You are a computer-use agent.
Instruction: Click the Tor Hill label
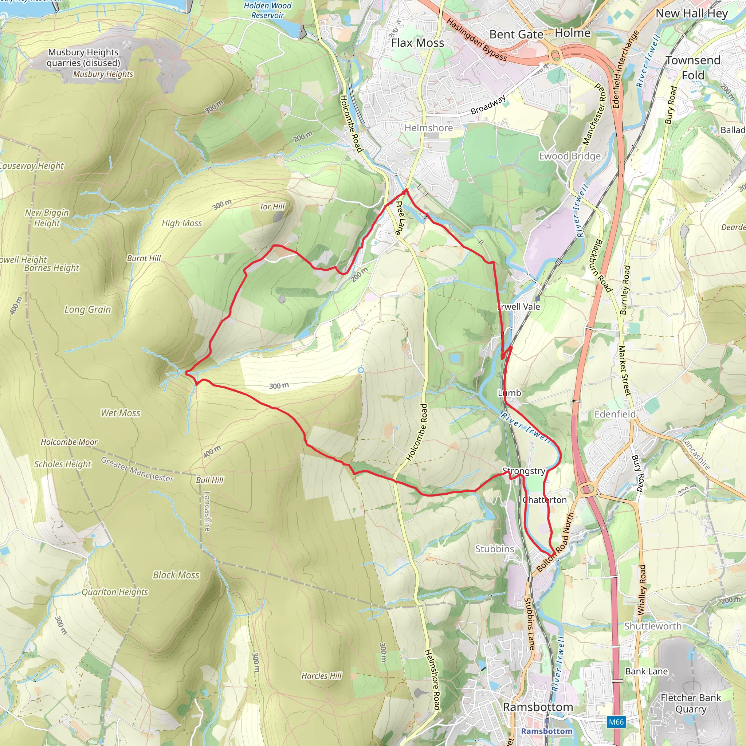click(x=272, y=207)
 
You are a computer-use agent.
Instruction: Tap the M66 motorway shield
click(x=616, y=722)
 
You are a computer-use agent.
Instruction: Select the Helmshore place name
click(x=429, y=128)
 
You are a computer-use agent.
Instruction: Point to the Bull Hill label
click(x=210, y=480)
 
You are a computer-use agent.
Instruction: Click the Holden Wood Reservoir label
click(x=268, y=11)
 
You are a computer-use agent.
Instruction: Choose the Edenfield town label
click(x=615, y=414)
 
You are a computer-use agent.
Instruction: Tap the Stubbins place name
click(x=495, y=549)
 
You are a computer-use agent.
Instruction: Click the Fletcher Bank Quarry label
click(x=691, y=703)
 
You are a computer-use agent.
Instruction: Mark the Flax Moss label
click(x=417, y=43)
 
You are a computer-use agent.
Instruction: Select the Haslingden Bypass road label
click(x=477, y=40)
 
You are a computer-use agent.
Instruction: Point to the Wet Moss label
click(x=121, y=413)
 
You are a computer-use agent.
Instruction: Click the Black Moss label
click(x=176, y=575)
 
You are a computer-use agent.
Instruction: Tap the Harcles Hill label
click(x=322, y=676)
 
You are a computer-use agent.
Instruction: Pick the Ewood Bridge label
click(x=570, y=156)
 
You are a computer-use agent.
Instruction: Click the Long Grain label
click(x=88, y=310)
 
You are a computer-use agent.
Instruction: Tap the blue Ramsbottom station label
click(x=547, y=731)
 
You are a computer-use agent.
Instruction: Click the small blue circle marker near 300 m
click(x=361, y=370)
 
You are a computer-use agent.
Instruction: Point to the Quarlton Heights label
click(x=115, y=592)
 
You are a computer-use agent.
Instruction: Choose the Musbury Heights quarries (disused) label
click(x=83, y=58)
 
